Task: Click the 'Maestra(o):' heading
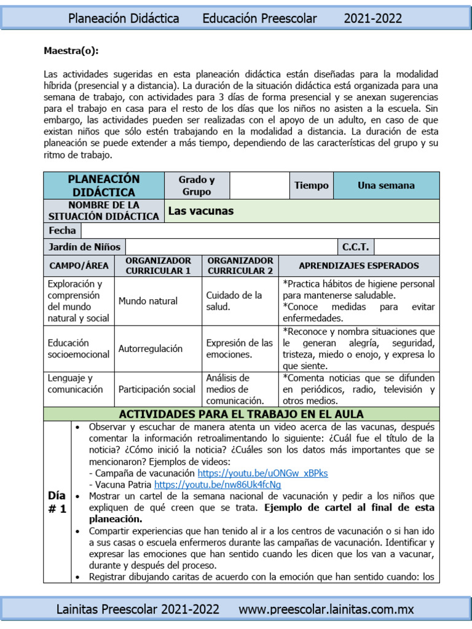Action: (x=71, y=50)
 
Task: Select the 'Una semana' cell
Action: (x=386, y=185)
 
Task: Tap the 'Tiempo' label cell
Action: (x=311, y=185)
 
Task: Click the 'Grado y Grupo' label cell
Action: (x=196, y=186)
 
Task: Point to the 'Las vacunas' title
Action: (x=201, y=211)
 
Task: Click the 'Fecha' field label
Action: (x=62, y=230)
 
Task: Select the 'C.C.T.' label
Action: (x=355, y=247)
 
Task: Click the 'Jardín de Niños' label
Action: (x=84, y=247)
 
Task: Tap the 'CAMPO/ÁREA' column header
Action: (x=79, y=265)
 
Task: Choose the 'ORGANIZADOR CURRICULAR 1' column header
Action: (x=158, y=265)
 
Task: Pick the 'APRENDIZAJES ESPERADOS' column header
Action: (x=358, y=265)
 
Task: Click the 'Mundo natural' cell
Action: (x=148, y=301)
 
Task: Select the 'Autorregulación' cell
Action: (x=151, y=348)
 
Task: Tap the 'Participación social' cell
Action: (x=157, y=389)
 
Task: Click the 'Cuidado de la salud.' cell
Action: (x=234, y=301)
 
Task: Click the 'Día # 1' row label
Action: (x=57, y=502)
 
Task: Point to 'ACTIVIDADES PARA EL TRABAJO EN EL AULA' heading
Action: (x=241, y=413)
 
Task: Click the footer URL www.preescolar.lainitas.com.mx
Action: (x=326, y=609)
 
